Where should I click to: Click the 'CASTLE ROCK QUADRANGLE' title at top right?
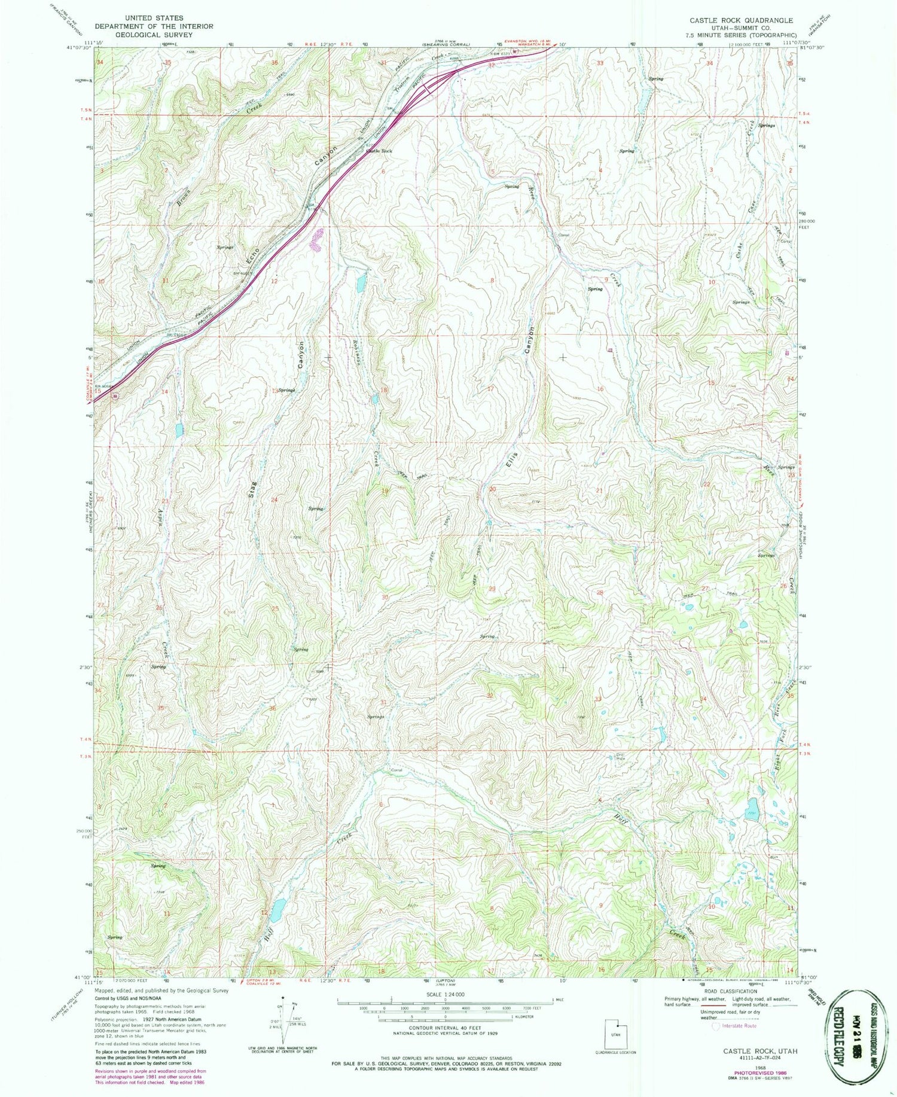(741, 20)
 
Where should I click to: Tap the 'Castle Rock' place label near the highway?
(379, 151)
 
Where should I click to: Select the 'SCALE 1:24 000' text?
(445, 994)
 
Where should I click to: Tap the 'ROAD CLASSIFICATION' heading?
(730, 991)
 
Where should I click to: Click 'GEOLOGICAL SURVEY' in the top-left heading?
(154, 35)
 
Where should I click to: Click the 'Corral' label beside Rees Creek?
(563, 235)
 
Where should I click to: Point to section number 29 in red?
(492, 589)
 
